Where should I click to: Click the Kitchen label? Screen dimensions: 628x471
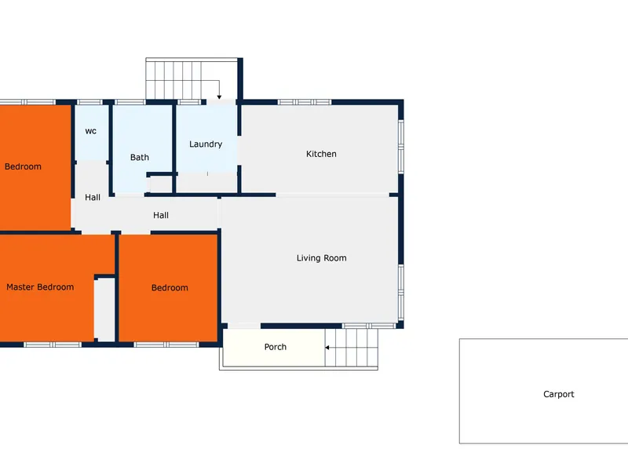pyautogui.click(x=321, y=154)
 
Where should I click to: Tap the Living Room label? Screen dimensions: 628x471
pyautogui.click(x=322, y=258)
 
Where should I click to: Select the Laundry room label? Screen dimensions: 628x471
pyautogui.click(x=206, y=144)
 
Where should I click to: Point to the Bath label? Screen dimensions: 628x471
pyautogui.click(x=140, y=158)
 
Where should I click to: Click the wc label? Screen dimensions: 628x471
pyautogui.click(x=91, y=131)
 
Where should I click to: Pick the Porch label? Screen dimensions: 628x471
pyautogui.click(x=276, y=347)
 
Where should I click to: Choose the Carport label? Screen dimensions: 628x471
pyautogui.click(x=559, y=394)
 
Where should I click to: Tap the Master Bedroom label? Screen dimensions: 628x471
pyautogui.click(x=40, y=287)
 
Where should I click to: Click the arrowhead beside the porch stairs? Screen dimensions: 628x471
pyautogui.click(x=327, y=348)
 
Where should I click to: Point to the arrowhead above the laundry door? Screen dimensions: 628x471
pyautogui.click(x=219, y=97)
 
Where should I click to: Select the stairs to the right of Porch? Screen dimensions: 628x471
pyautogui.click(x=351, y=348)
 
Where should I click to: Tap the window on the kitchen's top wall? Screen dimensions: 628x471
pyautogui.click(x=305, y=102)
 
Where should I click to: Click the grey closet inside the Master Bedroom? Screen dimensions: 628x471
pyautogui.click(x=104, y=309)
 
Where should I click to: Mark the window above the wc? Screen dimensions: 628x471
pyautogui.click(x=89, y=102)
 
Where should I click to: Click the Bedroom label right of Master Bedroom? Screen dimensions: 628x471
pyautogui.click(x=170, y=287)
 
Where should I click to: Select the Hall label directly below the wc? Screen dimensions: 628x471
pyautogui.click(x=93, y=198)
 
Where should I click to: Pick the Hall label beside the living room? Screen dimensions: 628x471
pyautogui.click(x=161, y=215)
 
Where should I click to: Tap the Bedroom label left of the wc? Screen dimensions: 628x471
pyautogui.click(x=23, y=166)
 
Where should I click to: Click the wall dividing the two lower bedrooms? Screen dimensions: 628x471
pyautogui.click(x=117, y=287)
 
